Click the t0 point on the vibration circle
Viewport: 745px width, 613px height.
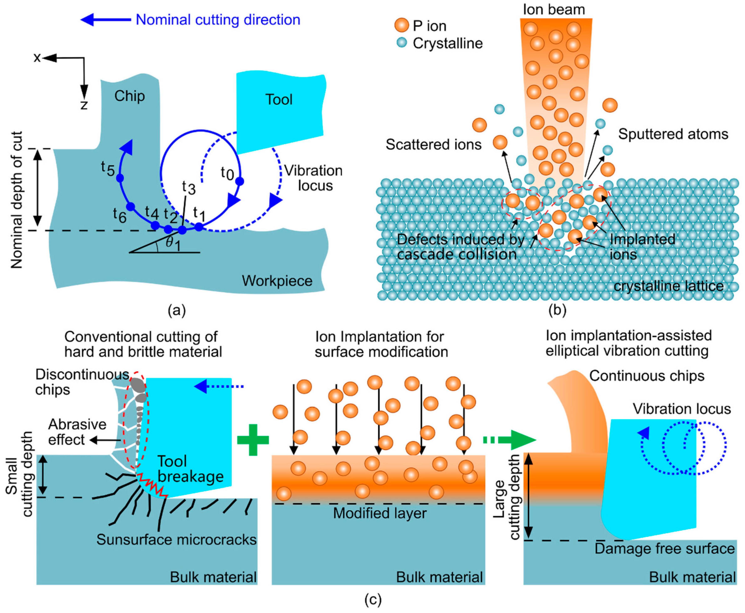240,181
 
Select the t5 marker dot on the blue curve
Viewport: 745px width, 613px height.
120,178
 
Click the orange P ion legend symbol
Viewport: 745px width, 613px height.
402,25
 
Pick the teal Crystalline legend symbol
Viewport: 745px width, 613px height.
402,43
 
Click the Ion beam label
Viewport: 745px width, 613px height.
554,10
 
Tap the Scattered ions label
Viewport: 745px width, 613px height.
433,145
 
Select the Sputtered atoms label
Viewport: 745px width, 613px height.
673,134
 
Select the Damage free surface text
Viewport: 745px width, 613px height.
664,548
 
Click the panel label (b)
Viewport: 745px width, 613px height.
557,310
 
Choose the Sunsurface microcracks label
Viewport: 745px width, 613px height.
176,540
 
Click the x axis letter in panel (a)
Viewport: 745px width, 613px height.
37,58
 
